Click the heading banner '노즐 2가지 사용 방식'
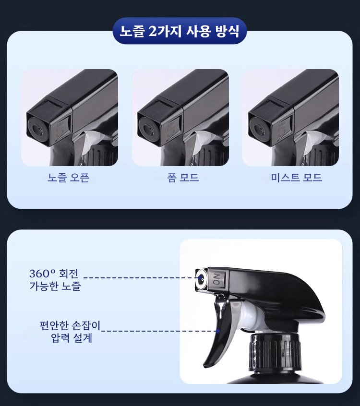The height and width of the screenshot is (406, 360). click(180, 32)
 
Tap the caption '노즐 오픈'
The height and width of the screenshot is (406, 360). click(69, 178)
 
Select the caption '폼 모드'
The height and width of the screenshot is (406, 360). click(180, 178)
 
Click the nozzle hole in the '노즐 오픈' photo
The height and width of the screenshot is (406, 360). click(36, 127)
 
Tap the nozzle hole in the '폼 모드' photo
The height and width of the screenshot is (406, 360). click(147, 127)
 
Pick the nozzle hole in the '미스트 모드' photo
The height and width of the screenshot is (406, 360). click(258, 127)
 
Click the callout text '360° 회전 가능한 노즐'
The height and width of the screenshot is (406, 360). click(53, 280)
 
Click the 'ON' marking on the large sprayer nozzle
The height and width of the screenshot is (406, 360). click(215, 280)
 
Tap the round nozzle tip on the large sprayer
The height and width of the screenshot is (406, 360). click(200, 278)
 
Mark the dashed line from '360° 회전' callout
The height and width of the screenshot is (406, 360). click(139, 278)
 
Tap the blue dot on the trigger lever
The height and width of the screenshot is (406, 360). click(218, 331)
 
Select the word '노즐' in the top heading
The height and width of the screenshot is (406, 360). click(131, 32)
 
